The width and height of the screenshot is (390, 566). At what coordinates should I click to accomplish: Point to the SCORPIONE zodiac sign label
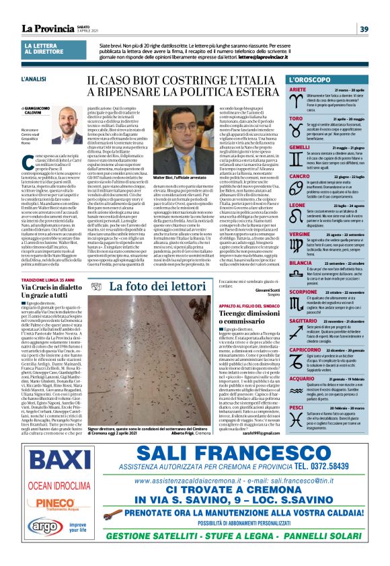[x=303, y=274]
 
